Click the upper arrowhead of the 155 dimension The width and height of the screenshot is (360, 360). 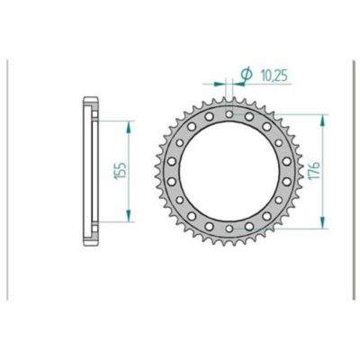point(130,121)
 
